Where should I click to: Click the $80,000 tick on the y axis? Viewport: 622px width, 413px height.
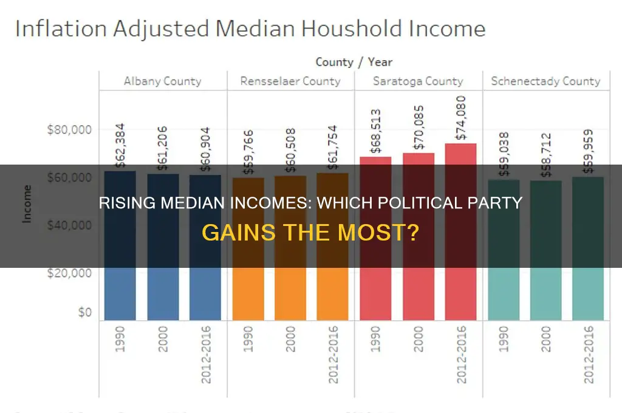(x=70, y=130)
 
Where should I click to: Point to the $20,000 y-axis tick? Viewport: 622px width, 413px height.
(x=70, y=273)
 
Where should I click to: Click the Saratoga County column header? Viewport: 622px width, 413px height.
(x=418, y=81)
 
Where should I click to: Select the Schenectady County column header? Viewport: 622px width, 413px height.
(x=545, y=81)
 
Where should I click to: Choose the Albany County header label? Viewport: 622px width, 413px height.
(x=162, y=81)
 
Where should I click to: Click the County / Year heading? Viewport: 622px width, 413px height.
(x=354, y=62)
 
